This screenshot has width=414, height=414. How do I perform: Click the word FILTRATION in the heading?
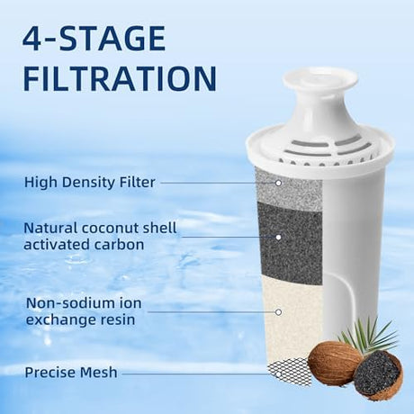(120, 78)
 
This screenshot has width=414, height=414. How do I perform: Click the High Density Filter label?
(90, 182)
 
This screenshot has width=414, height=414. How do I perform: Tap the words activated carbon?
(84, 245)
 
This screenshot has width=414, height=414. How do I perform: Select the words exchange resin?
(80, 319)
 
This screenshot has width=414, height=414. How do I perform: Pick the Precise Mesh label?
(71, 373)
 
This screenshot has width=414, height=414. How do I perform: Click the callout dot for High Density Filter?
(278, 183)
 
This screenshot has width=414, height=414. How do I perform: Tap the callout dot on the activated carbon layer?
(278, 238)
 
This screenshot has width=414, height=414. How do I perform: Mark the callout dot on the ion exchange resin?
(278, 312)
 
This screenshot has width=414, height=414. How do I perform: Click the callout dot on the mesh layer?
(278, 374)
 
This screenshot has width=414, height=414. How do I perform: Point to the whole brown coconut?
(335, 364)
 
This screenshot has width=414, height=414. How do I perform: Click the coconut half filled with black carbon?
(377, 379)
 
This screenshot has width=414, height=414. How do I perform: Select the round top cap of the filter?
(320, 79)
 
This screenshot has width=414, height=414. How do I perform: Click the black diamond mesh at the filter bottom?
(290, 372)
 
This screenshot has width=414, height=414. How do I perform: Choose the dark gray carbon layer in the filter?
(291, 243)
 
